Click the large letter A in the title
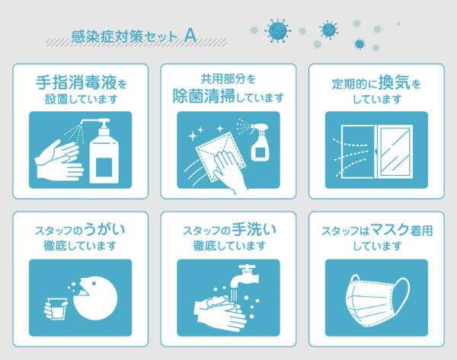pyautogui.click(x=190, y=36)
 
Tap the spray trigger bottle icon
pyautogui.click(x=259, y=142)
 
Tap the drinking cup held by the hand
pyautogui.click(x=57, y=308)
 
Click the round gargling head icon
pyautogui.click(x=95, y=298)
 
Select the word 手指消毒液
pyautogui.click(x=76, y=83)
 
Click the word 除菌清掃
pyautogui.click(x=203, y=96)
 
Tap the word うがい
pyautogui.click(x=104, y=230)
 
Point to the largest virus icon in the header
pyautogui.click(x=278, y=30)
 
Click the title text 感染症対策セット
pyautogui.click(x=124, y=37)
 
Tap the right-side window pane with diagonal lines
pyautogui.click(x=395, y=152)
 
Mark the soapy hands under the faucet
pyautogui.click(x=221, y=312)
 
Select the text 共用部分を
pyautogui.click(x=228, y=78)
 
